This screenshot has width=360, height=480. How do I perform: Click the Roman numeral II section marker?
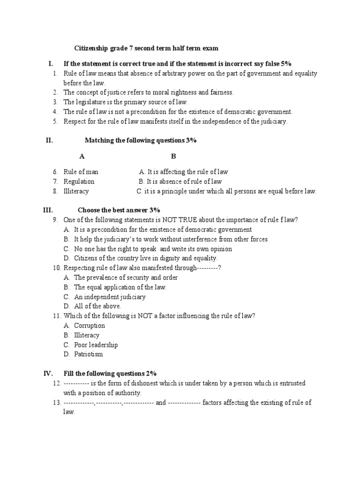click(49, 140)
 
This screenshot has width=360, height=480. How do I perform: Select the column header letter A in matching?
click(82, 156)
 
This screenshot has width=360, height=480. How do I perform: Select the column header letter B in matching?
click(173, 156)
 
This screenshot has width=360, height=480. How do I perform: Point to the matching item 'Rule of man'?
click(81, 172)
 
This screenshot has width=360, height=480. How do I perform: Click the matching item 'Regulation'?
click(79, 181)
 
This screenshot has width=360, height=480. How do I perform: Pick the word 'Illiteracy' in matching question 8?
click(76, 191)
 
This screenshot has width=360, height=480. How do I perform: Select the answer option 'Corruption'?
click(90, 325)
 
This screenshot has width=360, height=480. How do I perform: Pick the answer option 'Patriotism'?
click(89, 354)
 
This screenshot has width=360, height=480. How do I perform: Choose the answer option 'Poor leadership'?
click(96, 345)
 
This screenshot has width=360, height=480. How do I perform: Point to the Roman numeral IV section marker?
click(48, 374)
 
